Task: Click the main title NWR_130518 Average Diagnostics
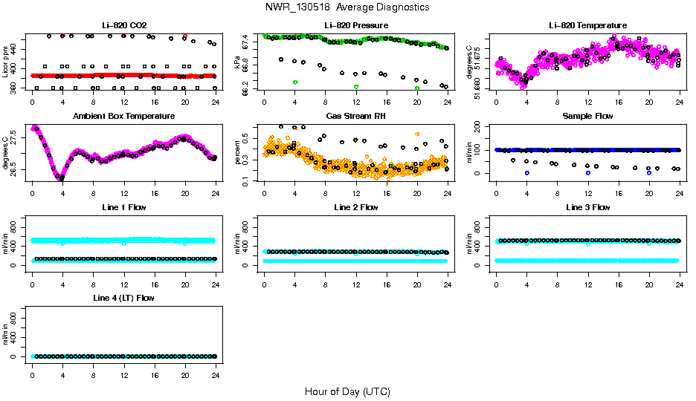coord(347,7)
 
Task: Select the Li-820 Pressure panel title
coord(355,26)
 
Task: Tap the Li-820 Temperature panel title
coord(587,26)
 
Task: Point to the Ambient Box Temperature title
coord(123,117)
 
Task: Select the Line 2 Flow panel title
coord(355,207)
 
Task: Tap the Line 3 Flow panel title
coord(587,207)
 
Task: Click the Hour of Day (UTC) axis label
coord(347,391)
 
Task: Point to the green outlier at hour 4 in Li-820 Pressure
coord(295,82)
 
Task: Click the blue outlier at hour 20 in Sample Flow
coord(649,172)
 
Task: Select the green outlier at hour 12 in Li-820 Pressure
coord(356,87)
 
